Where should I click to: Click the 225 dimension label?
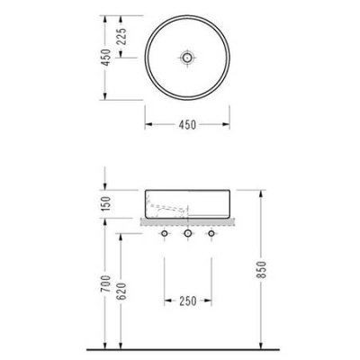[x=121, y=36]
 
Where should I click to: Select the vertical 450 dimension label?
[x=105, y=58]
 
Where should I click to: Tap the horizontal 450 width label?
[x=187, y=124]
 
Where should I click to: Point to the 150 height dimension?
[x=105, y=203]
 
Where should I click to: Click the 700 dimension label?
[x=105, y=283]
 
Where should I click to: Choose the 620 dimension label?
[x=121, y=292]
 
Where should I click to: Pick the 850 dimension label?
[x=262, y=270]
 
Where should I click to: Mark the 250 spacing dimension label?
[x=188, y=301]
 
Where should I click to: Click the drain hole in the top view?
[x=187, y=57]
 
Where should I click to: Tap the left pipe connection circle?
[x=165, y=233]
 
